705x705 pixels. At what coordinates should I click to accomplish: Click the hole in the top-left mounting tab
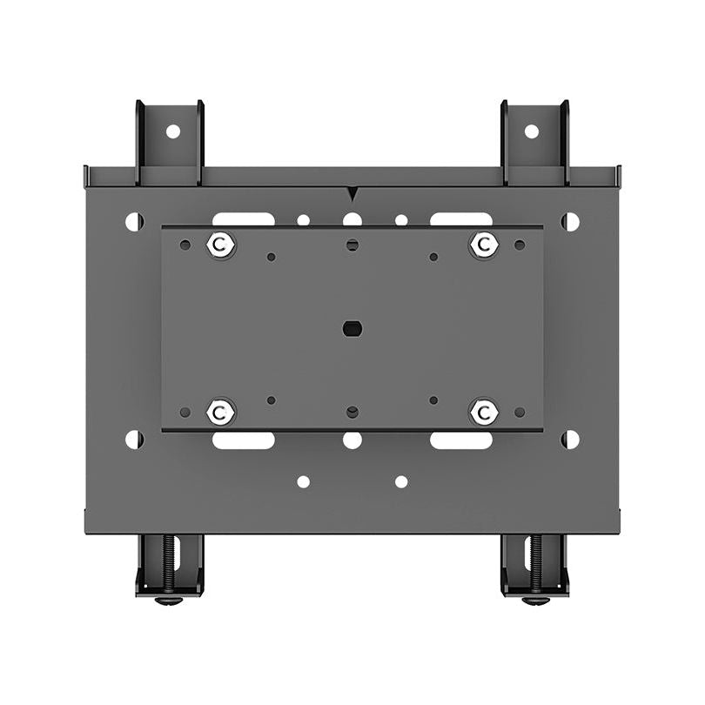tap(172, 131)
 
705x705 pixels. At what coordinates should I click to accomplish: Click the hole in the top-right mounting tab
tap(531, 131)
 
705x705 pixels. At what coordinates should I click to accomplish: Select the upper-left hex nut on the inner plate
tap(221, 245)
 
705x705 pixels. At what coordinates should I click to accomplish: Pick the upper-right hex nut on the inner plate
tap(483, 245)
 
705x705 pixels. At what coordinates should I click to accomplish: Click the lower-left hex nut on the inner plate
tap(221, 411)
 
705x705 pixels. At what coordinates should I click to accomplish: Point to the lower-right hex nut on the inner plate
tap(483, 411)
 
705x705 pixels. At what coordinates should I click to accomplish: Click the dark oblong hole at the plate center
tap(352, 329)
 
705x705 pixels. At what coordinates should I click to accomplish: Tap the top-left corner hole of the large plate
tap(134, 222)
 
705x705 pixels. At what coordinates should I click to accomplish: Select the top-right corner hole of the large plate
tap(570, 222)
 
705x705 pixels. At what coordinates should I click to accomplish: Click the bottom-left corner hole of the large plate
tap(134, 440)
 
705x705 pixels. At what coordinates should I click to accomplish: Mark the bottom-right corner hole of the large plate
tap(570, 440)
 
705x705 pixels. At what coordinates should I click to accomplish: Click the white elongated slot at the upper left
tap(243, 218)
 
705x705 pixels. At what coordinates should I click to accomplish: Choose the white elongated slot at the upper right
tap(460, 218)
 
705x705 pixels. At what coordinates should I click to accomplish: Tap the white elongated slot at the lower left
tap(243, 441)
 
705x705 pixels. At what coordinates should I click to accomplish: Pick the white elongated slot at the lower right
tap(460, 441)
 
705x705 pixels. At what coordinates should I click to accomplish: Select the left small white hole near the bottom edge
tap(303, 481)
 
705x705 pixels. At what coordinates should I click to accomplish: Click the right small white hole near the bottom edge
tap(401, 481)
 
